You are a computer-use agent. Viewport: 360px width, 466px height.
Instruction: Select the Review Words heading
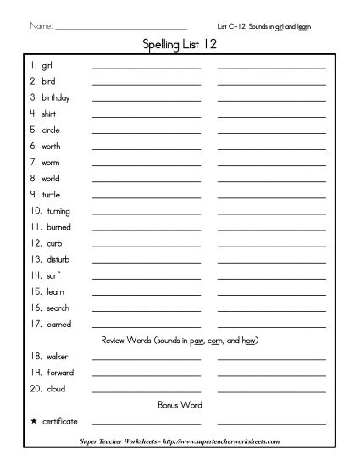coord(179,341)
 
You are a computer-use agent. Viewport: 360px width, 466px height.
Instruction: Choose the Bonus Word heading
coord(179,404)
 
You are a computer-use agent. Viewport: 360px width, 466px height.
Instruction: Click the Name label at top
coord(41,27)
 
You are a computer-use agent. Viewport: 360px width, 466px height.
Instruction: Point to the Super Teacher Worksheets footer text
coord(179,441)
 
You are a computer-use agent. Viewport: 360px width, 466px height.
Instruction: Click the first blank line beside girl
coord(147,67)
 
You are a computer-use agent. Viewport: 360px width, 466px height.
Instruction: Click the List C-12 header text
coord(263,27)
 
